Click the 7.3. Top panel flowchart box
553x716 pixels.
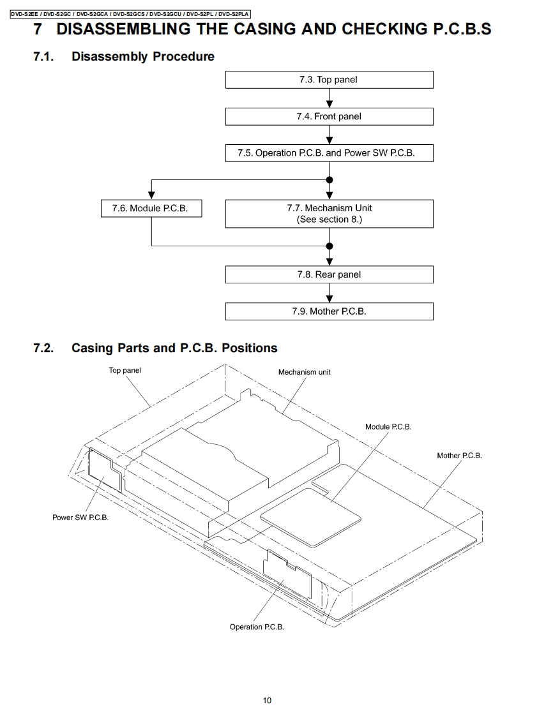click(329, 80)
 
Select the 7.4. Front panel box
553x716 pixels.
click(329, 116)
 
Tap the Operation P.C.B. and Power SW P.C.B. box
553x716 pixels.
click(329, 153)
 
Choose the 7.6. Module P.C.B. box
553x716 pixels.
click(151, 209)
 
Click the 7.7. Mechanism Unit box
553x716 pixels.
click(329, 213)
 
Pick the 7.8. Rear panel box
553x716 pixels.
click(329, 274)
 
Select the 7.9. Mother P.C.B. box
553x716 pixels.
click(329, 311)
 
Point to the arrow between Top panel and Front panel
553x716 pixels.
click(330, 98)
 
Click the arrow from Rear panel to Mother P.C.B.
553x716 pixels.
click(330, 293)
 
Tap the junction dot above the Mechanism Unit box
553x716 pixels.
click(330, 180)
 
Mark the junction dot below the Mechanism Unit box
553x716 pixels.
click(330, 246)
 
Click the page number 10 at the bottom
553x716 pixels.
click(267, 701)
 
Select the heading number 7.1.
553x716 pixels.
click(43, 57)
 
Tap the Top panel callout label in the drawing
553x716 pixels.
click(125, 370)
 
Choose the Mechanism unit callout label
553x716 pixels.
click(304, 372)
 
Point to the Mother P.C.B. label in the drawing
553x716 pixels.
click(459, 456)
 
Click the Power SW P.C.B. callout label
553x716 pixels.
click(80, 518)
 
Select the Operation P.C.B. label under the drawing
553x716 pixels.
click(257, 627)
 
